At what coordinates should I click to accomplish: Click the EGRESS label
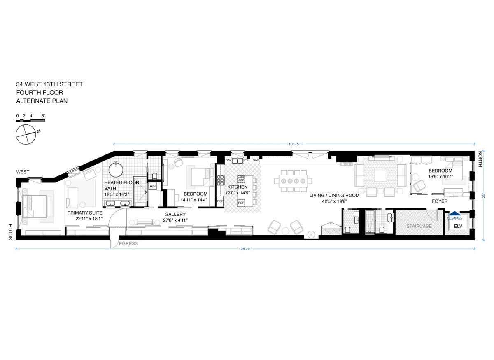coord(128,243)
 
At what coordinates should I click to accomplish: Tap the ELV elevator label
coord(458,227)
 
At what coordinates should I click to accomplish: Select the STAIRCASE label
coord(419,226)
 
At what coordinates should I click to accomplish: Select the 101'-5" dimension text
coord(294,144)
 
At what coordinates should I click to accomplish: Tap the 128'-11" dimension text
coord(244,249)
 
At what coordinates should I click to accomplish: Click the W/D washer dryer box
coord(152,186)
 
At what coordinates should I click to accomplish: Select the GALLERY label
coord(175,214)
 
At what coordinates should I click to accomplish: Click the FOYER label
coord(439,201)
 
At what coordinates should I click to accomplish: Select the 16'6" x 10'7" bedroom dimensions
coord(440,177)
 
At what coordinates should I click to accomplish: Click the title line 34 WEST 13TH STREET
coord(49,84)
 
